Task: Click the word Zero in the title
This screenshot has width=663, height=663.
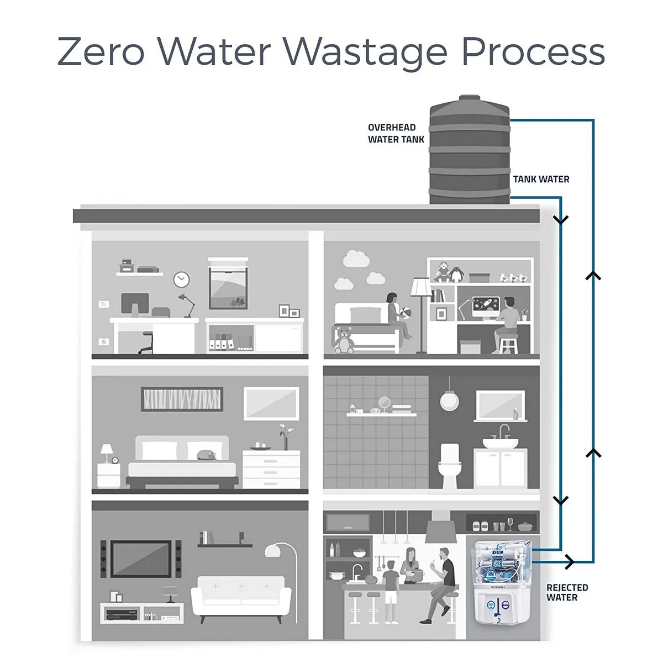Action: coord(101,52)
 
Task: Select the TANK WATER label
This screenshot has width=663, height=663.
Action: coord(540,179)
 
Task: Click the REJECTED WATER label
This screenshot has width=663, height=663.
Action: coord(567,592)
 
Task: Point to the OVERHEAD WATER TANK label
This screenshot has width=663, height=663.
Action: coord(396,134)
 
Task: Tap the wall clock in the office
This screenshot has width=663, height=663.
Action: coord(181,280)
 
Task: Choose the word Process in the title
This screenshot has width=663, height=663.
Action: coord(533,52)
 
